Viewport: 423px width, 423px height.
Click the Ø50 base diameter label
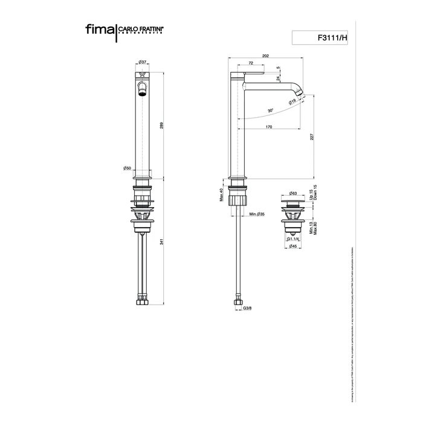pyautogui.click(x=127, y=168)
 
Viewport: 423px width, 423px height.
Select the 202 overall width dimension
pyautogui.click(x=266, y=56)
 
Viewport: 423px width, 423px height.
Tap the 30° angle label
pyautogui.click(x=270, y=111)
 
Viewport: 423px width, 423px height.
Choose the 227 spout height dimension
pyautogui.click(x=312, y=137)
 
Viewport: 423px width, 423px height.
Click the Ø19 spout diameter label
pyautogui.click(x=292, y=102)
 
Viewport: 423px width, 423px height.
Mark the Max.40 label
pyautogui.click(x=222, y=194)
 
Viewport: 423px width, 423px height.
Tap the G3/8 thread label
pyautogui.click(x=247, y=308)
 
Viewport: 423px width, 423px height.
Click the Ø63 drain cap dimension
pyautogui.click(x=292, y=193)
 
